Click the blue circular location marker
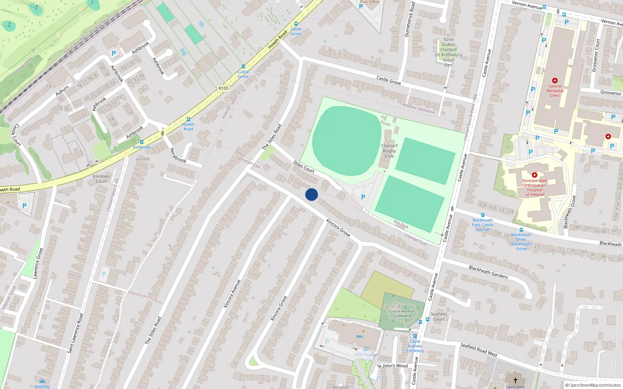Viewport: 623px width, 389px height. (x=311, y=194)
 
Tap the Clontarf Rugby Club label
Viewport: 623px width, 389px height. (x=389, y=151)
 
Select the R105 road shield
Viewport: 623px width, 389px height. (x=224, y=88)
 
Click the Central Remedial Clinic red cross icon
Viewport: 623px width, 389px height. (x=555, y=81)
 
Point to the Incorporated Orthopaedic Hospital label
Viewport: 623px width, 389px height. (x=535, y=187)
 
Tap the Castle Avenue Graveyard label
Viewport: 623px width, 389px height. (x=402, y=314)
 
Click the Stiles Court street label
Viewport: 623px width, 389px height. (x=304, y=167)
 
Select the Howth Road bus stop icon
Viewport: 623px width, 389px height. (x=188, y=119)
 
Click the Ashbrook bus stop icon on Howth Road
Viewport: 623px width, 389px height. (x=142, y=142)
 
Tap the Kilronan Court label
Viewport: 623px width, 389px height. (x=101, y=179)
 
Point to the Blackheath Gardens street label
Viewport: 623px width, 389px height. (x=488, y=272)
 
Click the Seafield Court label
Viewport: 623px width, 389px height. (x=439, y=317)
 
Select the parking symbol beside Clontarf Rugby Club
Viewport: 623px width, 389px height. (x=363, y=197)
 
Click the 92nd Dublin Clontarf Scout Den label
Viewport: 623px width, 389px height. (x=449, y=52)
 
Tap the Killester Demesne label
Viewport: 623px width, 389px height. (x=419, y=109)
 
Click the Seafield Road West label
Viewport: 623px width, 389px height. (x=479, y=350)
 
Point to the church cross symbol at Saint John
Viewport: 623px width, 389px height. (x=515, y=380)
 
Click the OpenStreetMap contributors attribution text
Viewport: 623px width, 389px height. (x=593, y=385)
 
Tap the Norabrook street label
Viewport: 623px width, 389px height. (x=178, y=155)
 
